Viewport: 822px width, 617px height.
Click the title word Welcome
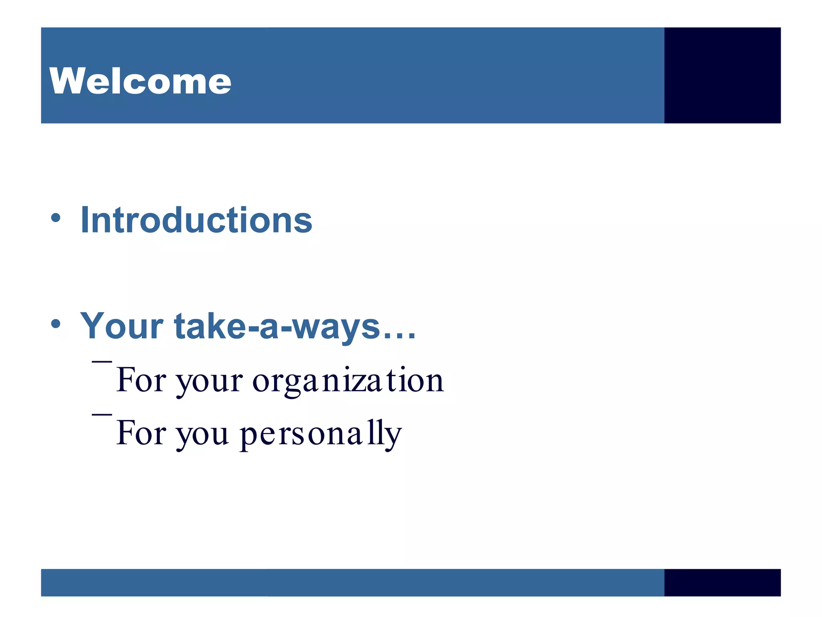(140, 81)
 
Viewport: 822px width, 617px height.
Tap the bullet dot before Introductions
(56, 218)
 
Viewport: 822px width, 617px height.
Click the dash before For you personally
(102, 414)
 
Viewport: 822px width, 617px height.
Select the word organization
(348, 380)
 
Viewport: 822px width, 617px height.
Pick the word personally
(321, 434)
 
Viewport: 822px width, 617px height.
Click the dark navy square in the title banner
(722, 76)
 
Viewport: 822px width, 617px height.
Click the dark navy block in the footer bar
(722, 582)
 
